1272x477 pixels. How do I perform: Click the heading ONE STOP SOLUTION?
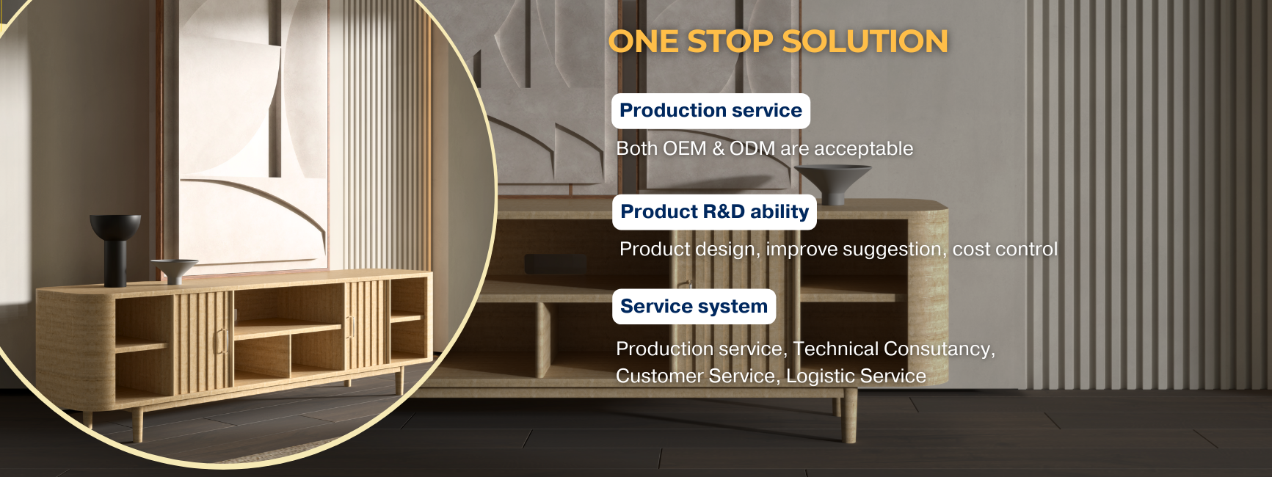tap(778, 42)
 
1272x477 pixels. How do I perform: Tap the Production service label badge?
tap(710, 111)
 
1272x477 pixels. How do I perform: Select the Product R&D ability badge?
tap(714, 212)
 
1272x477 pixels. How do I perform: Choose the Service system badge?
tap(694, 307)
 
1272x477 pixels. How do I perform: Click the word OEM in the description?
tap(684, 149)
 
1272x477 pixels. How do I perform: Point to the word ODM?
tap(752, 149)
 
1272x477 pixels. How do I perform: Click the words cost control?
tap(1005, 250)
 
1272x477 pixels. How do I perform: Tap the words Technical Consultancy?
tap(893, 349)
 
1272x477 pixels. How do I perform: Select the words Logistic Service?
tap(856, 376)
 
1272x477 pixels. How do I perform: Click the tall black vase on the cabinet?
tap(115, 250)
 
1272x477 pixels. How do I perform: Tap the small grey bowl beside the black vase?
tap(174, 270)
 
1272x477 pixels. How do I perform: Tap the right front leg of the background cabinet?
tap(849, 418)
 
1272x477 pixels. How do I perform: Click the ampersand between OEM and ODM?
tap(718, 149)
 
